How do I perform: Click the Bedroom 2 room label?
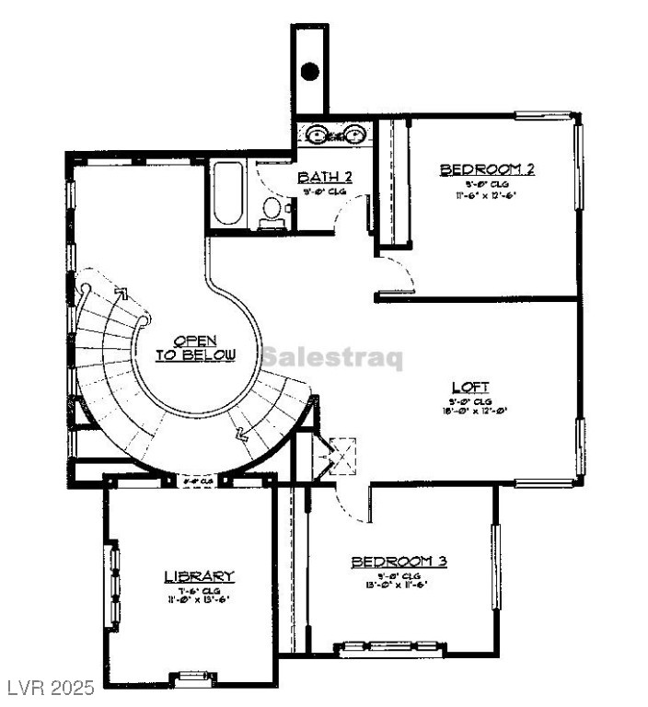pos(487,169)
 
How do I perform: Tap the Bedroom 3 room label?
pos(399,561)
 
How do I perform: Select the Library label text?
pos(199,576)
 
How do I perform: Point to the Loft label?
pos(469,387)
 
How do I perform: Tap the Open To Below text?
pos(195,348)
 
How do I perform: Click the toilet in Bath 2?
pos(272,210)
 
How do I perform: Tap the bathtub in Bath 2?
pos(227,194)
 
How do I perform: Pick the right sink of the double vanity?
pos(354,133)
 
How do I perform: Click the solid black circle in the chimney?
pos(310,71)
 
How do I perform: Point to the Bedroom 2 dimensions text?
pos(487,195)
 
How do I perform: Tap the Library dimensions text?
pos(198,598)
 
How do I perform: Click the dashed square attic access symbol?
pos(343,455)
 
